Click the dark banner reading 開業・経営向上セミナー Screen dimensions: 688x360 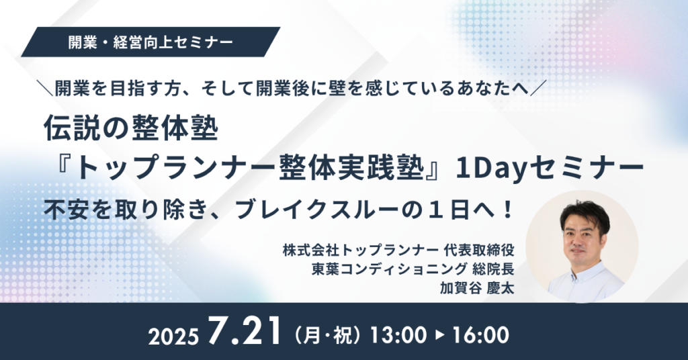click(x=150, y=42)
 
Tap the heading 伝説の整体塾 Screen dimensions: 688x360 click(x=131, y=130)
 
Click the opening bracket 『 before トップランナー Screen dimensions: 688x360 click(x=64, y=167)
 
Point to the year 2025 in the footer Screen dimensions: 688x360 click(x=173, y=337)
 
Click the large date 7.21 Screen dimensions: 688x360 click(x=245, y=332)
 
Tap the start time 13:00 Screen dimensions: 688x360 click(x=398, y=335)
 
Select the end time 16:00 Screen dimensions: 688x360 click(x=481, y=335)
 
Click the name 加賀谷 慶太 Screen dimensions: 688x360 click(x=477, y=288)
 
